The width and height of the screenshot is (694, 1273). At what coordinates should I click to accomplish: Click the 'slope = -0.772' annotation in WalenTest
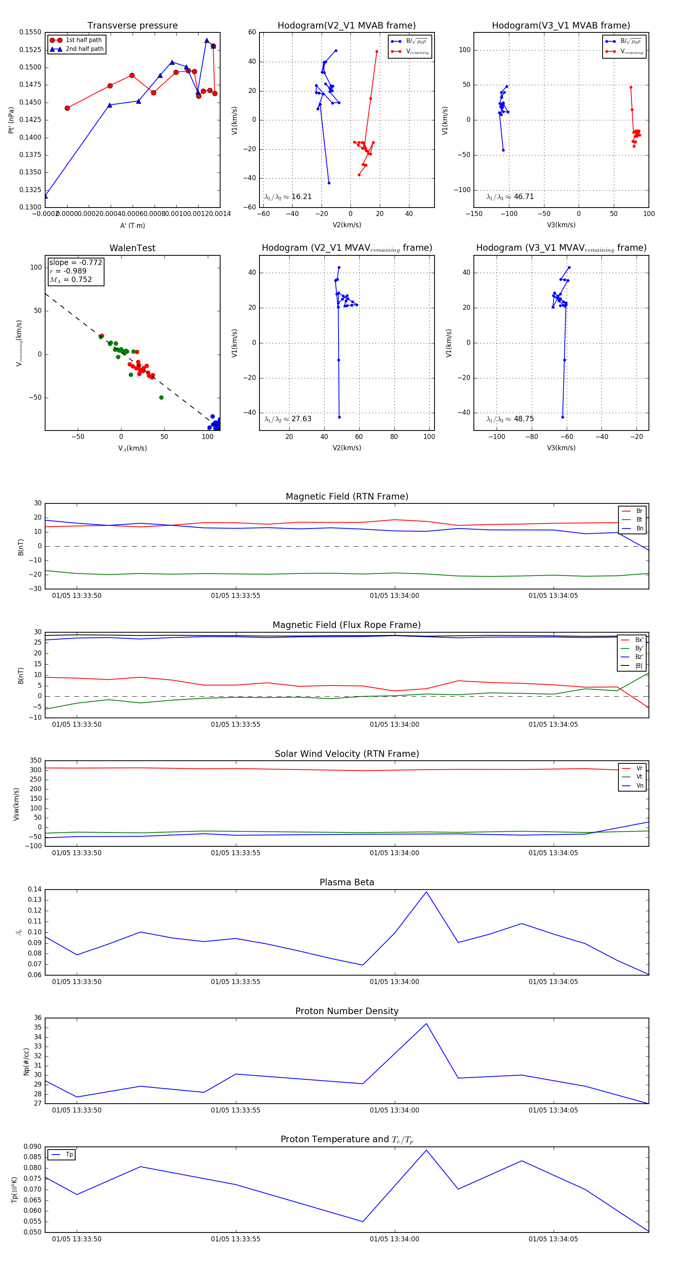[x=76, y=262]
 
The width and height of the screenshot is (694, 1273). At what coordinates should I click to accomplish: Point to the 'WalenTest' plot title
[x=132, y=248]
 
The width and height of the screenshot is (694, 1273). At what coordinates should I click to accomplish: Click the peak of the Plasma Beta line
[x=426, y=892]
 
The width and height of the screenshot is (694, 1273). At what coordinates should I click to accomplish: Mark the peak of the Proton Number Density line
[x=426, y=1023]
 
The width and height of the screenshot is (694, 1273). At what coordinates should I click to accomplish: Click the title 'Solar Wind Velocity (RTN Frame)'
[x=347, y=754]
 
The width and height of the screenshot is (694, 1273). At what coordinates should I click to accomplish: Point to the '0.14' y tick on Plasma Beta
[x=35, y=890]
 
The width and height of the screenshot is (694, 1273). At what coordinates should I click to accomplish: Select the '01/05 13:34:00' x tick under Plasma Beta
[x=394, y=982]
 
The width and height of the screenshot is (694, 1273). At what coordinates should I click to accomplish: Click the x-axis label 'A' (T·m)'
[x=132, y=225]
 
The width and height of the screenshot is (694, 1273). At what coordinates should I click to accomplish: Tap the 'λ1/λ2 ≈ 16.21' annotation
[x=288, y=197]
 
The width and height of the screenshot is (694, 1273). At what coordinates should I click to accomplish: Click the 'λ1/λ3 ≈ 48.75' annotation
[x=510, y=419]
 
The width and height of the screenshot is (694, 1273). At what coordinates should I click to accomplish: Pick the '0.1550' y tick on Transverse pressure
[x=30, y=32]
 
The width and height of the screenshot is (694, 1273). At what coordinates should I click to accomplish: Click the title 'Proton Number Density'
[x=347, y=1011]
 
